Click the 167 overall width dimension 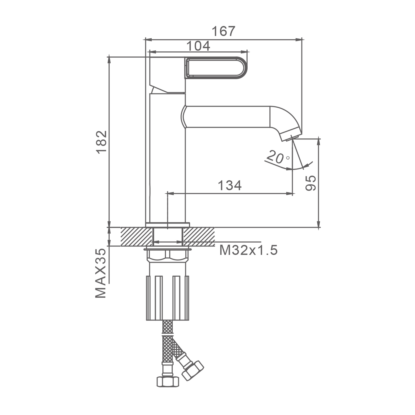[x=223, y=31]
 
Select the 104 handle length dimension [x=198, y=46]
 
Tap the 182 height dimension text [x=102, y=142]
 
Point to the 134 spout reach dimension [x=230, y=185]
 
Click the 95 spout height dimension [x=310, y=183]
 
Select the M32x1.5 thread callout [x=248, y=251]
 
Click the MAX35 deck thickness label [x=101, y=273]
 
